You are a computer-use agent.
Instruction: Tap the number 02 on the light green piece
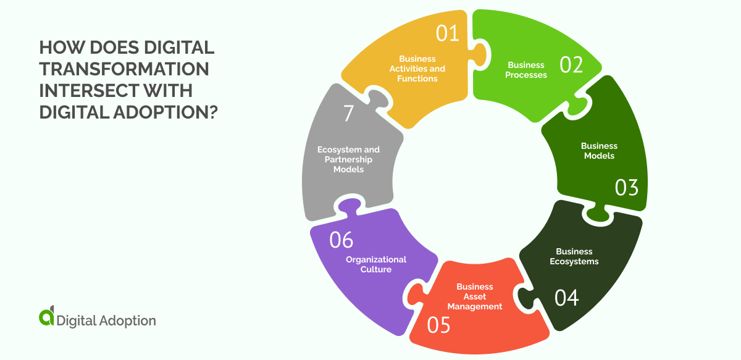click(571, 64)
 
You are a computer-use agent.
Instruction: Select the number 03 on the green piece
click(626, 187)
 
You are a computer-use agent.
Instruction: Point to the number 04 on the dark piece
click(566, 298)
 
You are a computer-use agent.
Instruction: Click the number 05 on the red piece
click(438, 325)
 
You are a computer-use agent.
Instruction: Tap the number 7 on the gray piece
click(348, 114)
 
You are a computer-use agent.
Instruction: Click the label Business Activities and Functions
click(417, 69)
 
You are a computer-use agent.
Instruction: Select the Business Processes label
click(526, 70)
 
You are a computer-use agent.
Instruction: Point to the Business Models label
click(599, 151)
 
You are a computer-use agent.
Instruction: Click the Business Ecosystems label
click(574, 256)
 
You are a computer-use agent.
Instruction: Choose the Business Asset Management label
click(475, 296)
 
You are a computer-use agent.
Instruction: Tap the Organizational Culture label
click(376, 264)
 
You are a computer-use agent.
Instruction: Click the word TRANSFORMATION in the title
click(124, 69)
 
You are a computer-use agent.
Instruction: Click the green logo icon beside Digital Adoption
click(46, 316)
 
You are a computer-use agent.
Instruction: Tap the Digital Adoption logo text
click(106, 320)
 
